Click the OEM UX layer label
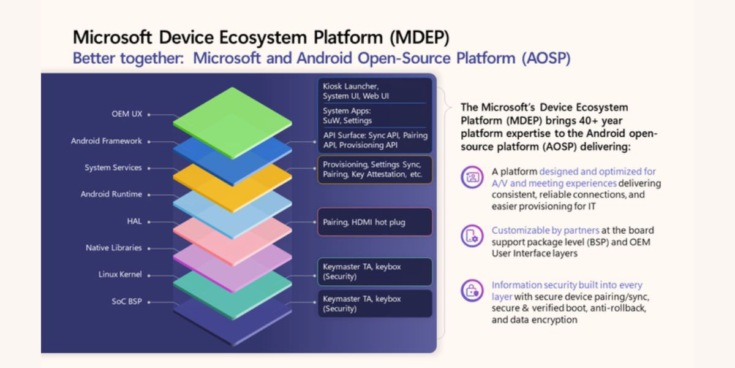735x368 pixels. coord(127,114)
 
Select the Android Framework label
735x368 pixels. coord(106,141)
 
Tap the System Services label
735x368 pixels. coord(113,167)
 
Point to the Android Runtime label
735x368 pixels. coord(111,194)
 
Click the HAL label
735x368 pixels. coord(134,221)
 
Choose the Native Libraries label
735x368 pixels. coord(113,248)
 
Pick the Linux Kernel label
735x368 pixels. coord(120,274)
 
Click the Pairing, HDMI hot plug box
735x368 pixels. coord(374,222)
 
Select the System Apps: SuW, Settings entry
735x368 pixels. coord(347,116)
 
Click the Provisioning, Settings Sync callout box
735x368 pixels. coord(374,169)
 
